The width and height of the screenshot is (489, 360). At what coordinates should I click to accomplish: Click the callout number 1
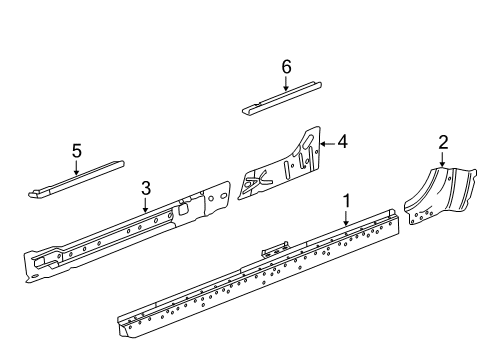pyautogui.click(x=346, y=201)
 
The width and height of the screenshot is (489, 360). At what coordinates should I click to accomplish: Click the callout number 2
pyautogui.click(x=442, y=142)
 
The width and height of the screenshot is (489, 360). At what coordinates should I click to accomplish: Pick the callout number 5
pyautogui.click(x=76, y=151)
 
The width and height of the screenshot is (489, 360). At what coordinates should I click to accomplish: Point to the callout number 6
pyautogui.click(x=286, y=66)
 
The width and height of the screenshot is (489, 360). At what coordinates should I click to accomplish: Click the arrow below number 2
pyautogui.click(x=442, y=161)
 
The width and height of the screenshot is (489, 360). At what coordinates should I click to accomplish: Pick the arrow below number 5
pyautogui.click(x=76, y=169)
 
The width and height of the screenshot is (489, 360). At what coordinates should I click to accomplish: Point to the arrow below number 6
pyautogui.click(x=286, y=84)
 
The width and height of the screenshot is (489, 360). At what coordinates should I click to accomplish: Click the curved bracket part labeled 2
pyautogui.click(x=435, y=200)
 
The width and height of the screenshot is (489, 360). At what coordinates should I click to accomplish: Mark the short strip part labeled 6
pyautogui.click(x=280, y=97)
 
